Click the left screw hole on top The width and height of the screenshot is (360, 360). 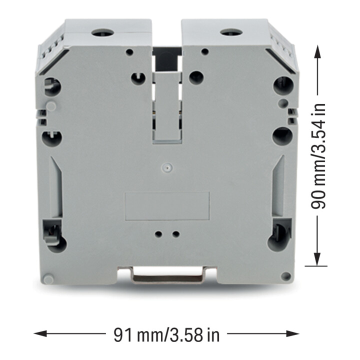(x=102, y=33)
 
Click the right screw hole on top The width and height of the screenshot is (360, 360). (x=231, y=32)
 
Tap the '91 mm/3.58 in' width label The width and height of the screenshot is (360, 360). (x=166, y=335)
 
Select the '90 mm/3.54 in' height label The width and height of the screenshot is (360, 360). (x=318, y=156)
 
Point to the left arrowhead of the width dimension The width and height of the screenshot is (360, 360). (x=40, y=333)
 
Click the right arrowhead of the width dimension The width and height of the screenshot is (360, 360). (x=292, y=333)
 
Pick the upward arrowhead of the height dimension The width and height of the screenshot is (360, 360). (x=317, y=51)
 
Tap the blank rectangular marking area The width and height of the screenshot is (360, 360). (x=167, y=206)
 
